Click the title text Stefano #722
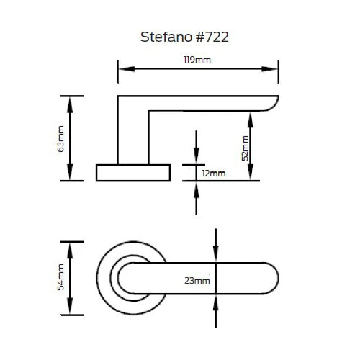pos(183,37)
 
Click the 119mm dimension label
pos(198,60)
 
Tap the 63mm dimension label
pos(61,138)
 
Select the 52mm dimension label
pos(245,147)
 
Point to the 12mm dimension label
pos(214,174)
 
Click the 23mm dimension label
pos(197,280)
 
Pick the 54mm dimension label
pos(61,277)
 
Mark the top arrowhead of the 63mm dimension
pos(70,102)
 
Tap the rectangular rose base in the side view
pos(133,172)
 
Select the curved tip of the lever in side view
pos(271,105)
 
